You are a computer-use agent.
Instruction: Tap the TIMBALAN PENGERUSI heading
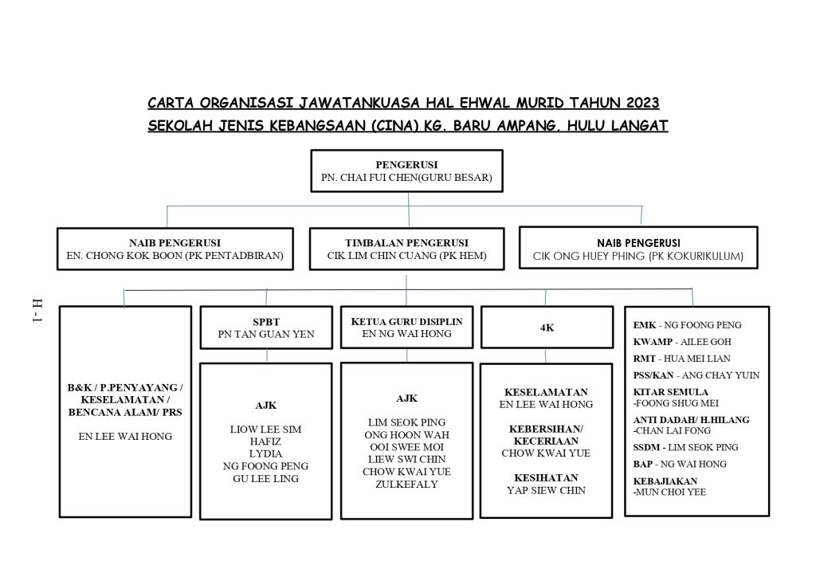pos(406,242)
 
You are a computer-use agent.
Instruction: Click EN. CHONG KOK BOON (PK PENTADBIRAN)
pos(175,257)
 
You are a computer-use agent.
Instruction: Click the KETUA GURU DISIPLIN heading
pos(406,321)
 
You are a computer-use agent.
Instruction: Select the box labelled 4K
pos(546,328)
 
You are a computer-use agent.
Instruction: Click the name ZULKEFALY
pos(406,484)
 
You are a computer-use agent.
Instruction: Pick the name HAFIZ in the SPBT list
pos(265,442)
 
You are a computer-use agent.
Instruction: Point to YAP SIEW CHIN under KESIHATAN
pos(546,490)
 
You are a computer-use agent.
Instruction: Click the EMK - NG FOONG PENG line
pos(687,325)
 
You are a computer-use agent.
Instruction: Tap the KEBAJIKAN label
pos(665,481)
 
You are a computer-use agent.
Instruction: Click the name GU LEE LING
pos(265,478)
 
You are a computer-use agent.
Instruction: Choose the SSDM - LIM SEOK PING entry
pos(685,447)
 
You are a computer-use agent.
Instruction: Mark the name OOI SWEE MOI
pos(406,447)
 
